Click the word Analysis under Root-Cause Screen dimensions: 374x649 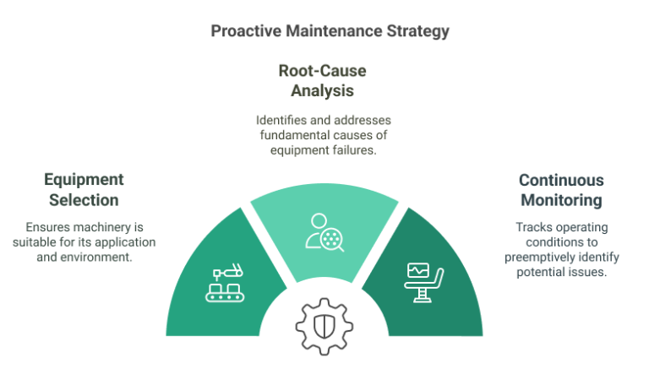click(x=323, y=89)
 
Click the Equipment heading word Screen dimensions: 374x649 click(x=84, y=180)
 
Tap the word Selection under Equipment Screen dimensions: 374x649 click(x=83, y=199)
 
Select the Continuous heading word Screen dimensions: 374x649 click(x=559, y=180)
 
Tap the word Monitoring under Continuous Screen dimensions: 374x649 click(x=559, y=200)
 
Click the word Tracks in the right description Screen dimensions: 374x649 click(x=532, y=227)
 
